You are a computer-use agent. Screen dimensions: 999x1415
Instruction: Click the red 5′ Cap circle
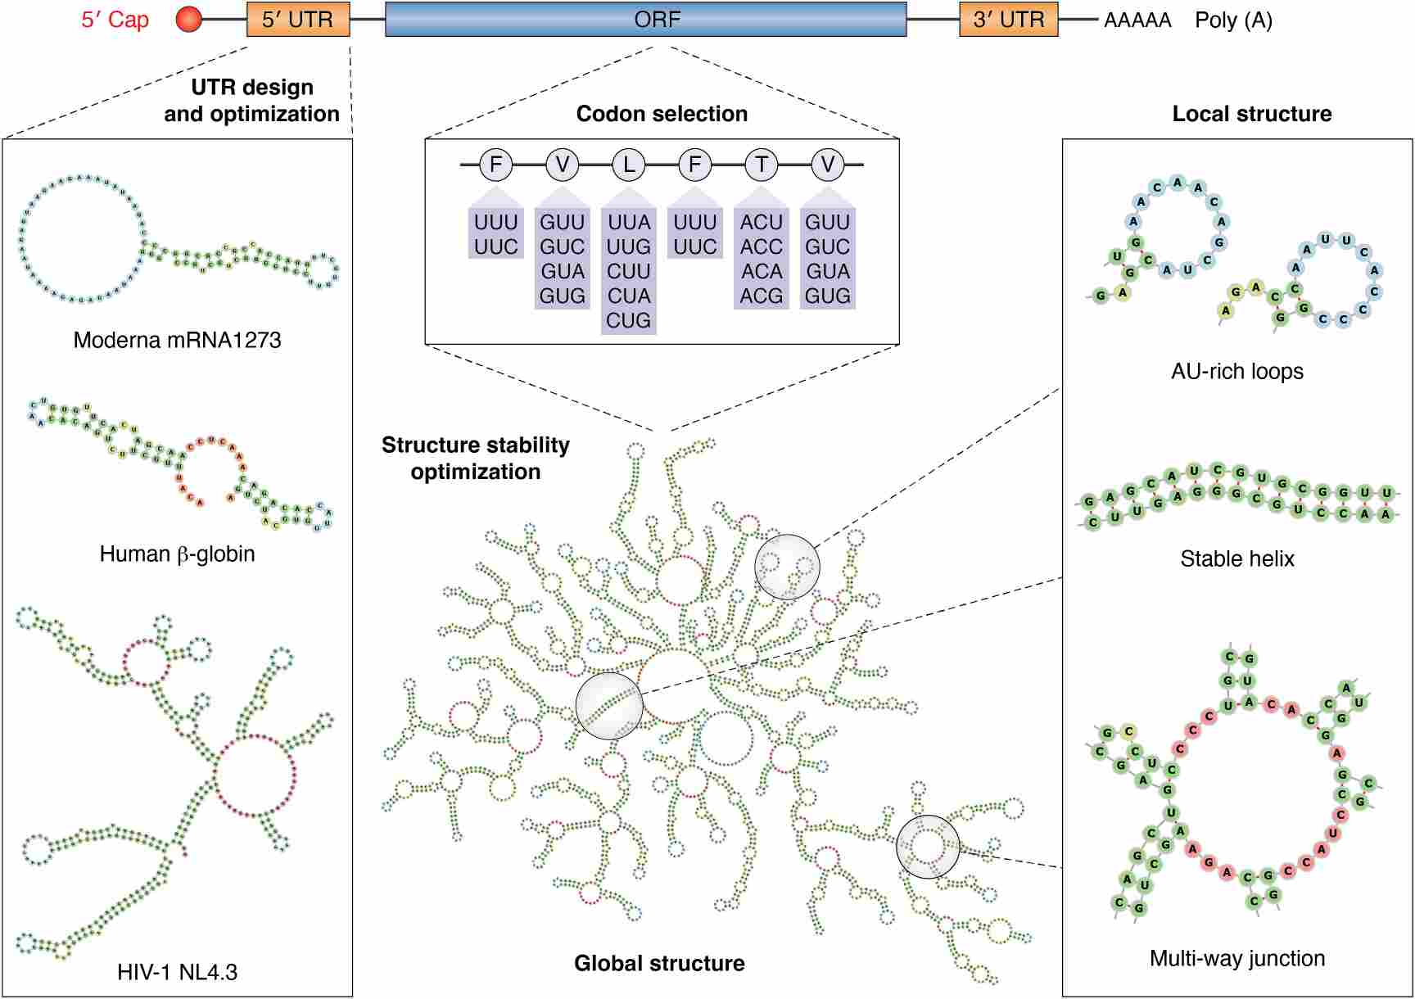pyautogui.click(x=189, y=20)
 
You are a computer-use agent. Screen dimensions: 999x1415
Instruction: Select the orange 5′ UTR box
pyautogui.click(x=298, y=20)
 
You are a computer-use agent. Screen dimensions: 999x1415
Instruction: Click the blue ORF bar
pyautogui.click(x=645, y=20)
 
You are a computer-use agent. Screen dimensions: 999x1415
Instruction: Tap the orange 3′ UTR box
pyautogui.click(x=1008, y=20)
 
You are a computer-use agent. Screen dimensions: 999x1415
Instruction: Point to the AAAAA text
pyautogui.click(x=1137, y=20)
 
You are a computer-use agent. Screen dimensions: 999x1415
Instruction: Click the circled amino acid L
pyautogui.click(x=629, y=165)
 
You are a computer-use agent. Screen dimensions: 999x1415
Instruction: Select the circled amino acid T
pyautogui.click(x=762, y=165)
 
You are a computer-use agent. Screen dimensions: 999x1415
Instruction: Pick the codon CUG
pyautogui.click(x=629, y=320)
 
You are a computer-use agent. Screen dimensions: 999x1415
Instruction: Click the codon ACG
pyautogui.click(x=762, y=296)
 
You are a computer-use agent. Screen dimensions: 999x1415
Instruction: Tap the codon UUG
pyautogui.click(x=629, y=246)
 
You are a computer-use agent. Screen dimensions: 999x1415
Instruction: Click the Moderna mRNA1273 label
pyautogui.click(x=177, y=340)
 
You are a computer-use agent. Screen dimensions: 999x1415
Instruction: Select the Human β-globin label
pyautogui.click(x=177, y=554)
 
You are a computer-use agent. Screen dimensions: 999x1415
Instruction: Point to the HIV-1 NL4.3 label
pyautogui.click(x=177, y=972)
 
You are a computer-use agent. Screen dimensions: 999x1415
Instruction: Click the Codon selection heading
pyautogui.click(x=662, y=114)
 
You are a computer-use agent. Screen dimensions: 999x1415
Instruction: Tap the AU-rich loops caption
pyautogui.click(x=1236, y=371)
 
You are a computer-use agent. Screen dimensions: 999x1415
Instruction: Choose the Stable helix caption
pyautogui.click(x=1236, y=558)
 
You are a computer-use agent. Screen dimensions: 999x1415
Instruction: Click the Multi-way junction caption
pyautogui.click(x=1236, y=958)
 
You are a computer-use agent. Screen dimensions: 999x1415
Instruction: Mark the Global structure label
pyautogui.click(x=659, y=963)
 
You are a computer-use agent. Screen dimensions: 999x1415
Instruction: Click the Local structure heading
pyautogui.click(x=1251, y=114)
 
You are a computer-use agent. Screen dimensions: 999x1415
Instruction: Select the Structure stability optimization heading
pyautogui.click(x=476, y=458)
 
